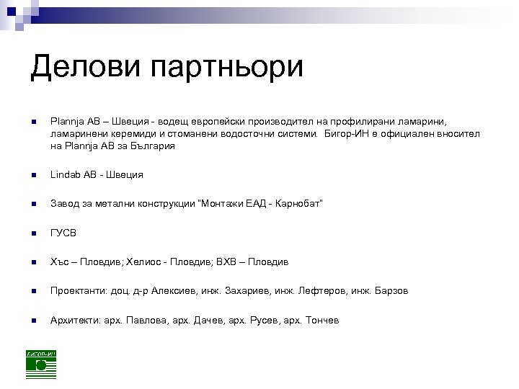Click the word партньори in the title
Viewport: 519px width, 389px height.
pos(226,69)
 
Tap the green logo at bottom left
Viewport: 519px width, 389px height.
pos(41,365)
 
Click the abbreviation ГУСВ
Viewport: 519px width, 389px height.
pos(63,233)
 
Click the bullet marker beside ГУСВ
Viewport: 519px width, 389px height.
pos(34,233)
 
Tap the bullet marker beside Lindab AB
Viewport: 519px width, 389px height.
pos(34,175)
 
